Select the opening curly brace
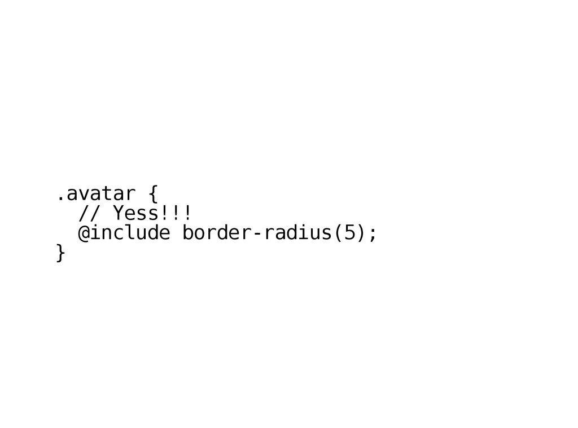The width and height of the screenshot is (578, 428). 152,195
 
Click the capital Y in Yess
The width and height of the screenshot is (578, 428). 118,214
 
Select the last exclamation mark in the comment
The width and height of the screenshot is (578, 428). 186,214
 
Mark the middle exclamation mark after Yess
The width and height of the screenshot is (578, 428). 175,214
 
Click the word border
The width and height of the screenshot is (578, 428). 216,232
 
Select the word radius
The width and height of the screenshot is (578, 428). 297,232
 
